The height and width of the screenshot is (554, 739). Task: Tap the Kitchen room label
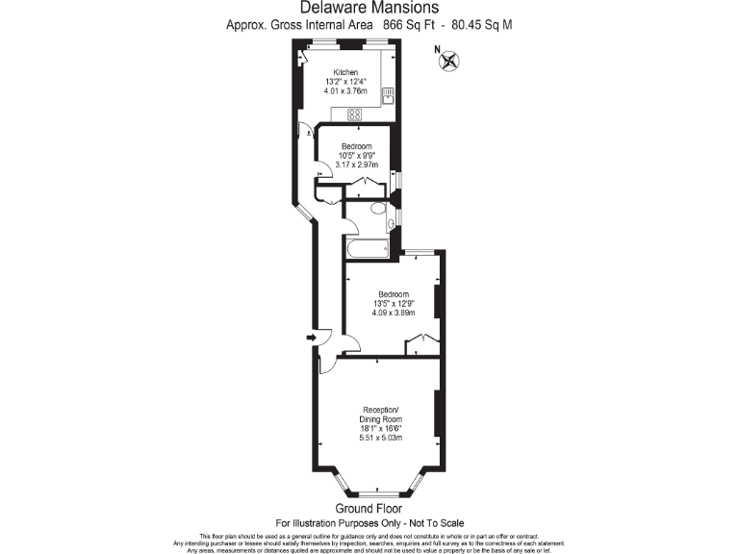[x=345, y=73]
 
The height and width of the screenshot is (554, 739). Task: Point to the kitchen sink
[x=387, y=94]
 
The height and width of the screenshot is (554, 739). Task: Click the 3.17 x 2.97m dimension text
[x=355, y=164]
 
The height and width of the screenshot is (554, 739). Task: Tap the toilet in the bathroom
[x=378, y=209]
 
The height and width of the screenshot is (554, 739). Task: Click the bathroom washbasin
[x=390, y=225]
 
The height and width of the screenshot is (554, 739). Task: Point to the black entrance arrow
[x=311, y=337]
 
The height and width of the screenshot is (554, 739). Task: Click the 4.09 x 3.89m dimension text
[x=393, y=313]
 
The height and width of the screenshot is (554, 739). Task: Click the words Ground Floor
[x=369, y=508]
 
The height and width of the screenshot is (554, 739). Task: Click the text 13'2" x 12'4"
[x=345, y=83]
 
